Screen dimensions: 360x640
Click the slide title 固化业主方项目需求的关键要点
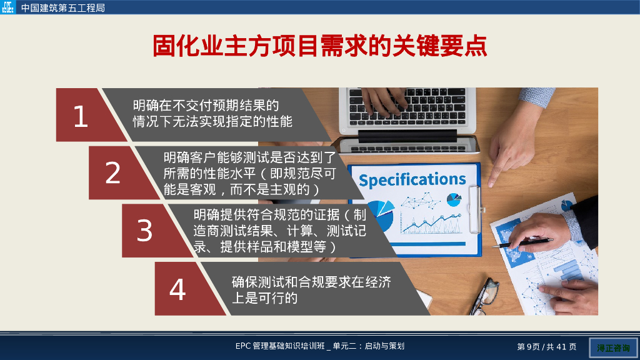320,47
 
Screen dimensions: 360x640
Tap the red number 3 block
145,231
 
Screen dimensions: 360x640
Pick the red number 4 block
178,289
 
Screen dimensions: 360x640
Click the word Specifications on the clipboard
412,180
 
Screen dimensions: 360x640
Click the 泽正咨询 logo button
613,347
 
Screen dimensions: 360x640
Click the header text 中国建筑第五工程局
63,8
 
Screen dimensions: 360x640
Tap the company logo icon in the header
8,8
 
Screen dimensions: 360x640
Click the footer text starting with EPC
320,346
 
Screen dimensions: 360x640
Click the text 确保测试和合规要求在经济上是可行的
311,290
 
